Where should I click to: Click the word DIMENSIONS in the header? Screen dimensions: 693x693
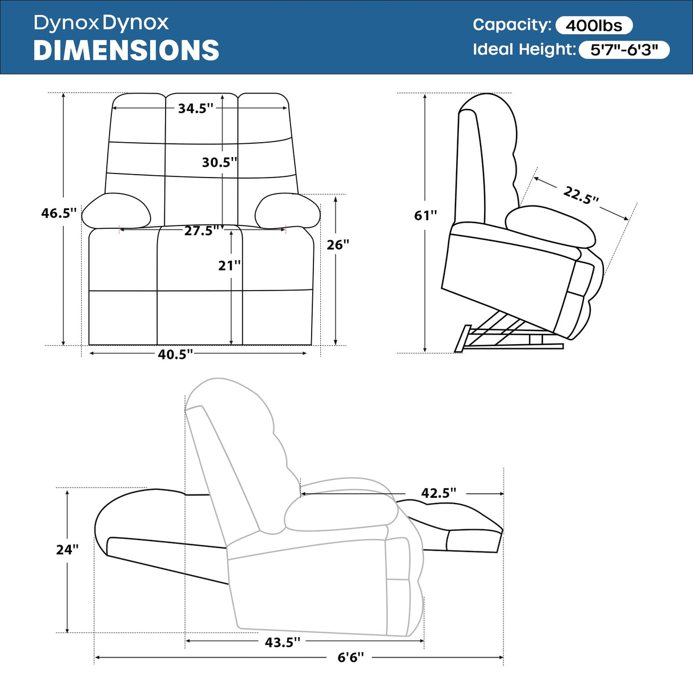pyautogui.click(x=126, y=50)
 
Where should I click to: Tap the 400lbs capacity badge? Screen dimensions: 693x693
pyautogui.click(x=594, y=26)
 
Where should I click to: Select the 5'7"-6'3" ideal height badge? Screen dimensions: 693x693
pyautogui.click(x=624, y=50)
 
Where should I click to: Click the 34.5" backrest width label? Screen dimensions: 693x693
pyautogui.click(x=195, y=108)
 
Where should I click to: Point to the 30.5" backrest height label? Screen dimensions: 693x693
pyautogui.click(x=219, y=163)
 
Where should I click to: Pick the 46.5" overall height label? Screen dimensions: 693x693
pyautogui.click(x=58, y=213)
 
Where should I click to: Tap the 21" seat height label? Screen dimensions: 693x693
pyautogui.click(x=229, y=265)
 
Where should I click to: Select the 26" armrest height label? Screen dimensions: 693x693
pyautogui.click(x=338, y=245)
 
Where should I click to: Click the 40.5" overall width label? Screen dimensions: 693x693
pyautogui.click(x=175, y=354)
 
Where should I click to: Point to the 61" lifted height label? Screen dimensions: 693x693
pyautogui.click(x=425, y=216)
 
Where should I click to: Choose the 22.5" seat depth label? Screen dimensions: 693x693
pyautogui.click(x=581, y=195)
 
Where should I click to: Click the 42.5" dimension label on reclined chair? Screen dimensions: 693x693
pyautogui.click(x=438, y=493)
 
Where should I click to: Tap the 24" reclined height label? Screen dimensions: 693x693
pyautogui.click(x=67, y=550)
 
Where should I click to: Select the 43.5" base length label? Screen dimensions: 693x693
pyautogui.click(x=282, y=642)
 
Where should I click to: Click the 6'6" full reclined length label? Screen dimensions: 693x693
pyautogui.click(x=350, y=658)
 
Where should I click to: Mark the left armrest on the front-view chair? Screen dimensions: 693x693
pyautogui.click(x=116, y=211)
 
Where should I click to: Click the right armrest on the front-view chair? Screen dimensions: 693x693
pyautogui.click(x=287, y=211)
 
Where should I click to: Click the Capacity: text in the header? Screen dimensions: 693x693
pyautogui.click(x=511, y=25)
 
